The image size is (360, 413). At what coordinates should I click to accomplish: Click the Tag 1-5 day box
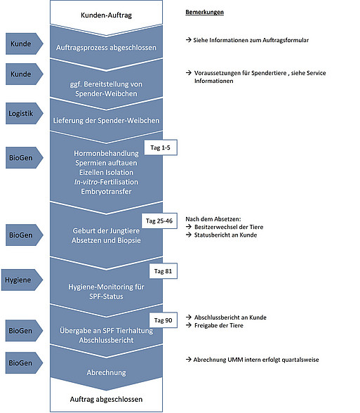click(161, 147)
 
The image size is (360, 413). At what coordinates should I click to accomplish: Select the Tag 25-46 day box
click(159, 221)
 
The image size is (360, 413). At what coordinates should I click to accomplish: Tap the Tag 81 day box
click(163, 271)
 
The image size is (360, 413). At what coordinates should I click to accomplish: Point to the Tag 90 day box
click(163, 320)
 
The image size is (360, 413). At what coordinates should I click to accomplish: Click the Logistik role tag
click(24, 114)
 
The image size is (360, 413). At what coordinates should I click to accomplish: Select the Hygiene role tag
click(22, 280)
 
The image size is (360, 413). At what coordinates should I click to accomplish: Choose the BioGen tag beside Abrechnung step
click(24, 362)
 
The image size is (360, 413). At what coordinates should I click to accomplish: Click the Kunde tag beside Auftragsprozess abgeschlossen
click(24, 44)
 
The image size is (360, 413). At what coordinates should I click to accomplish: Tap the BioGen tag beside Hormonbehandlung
click(24, 158)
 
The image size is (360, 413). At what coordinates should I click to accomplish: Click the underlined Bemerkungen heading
click(204, 12)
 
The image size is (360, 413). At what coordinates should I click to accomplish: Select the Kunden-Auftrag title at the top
click(107, 15)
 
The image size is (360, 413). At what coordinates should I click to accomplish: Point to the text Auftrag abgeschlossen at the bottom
click(107, 399)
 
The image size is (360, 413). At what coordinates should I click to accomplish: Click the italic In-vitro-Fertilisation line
click(107, 182)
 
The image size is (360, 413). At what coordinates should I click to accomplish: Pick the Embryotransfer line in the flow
click(107, 192)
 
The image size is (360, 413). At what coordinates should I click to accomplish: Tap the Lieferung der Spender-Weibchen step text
click(107, 121)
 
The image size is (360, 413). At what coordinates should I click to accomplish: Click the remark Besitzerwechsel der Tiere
click(229, 227)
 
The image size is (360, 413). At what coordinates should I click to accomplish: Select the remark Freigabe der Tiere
click(219, 326)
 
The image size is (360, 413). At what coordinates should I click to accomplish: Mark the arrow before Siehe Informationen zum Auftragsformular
click(188, 40)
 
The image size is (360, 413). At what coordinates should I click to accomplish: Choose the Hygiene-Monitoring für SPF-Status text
click(107, 291)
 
